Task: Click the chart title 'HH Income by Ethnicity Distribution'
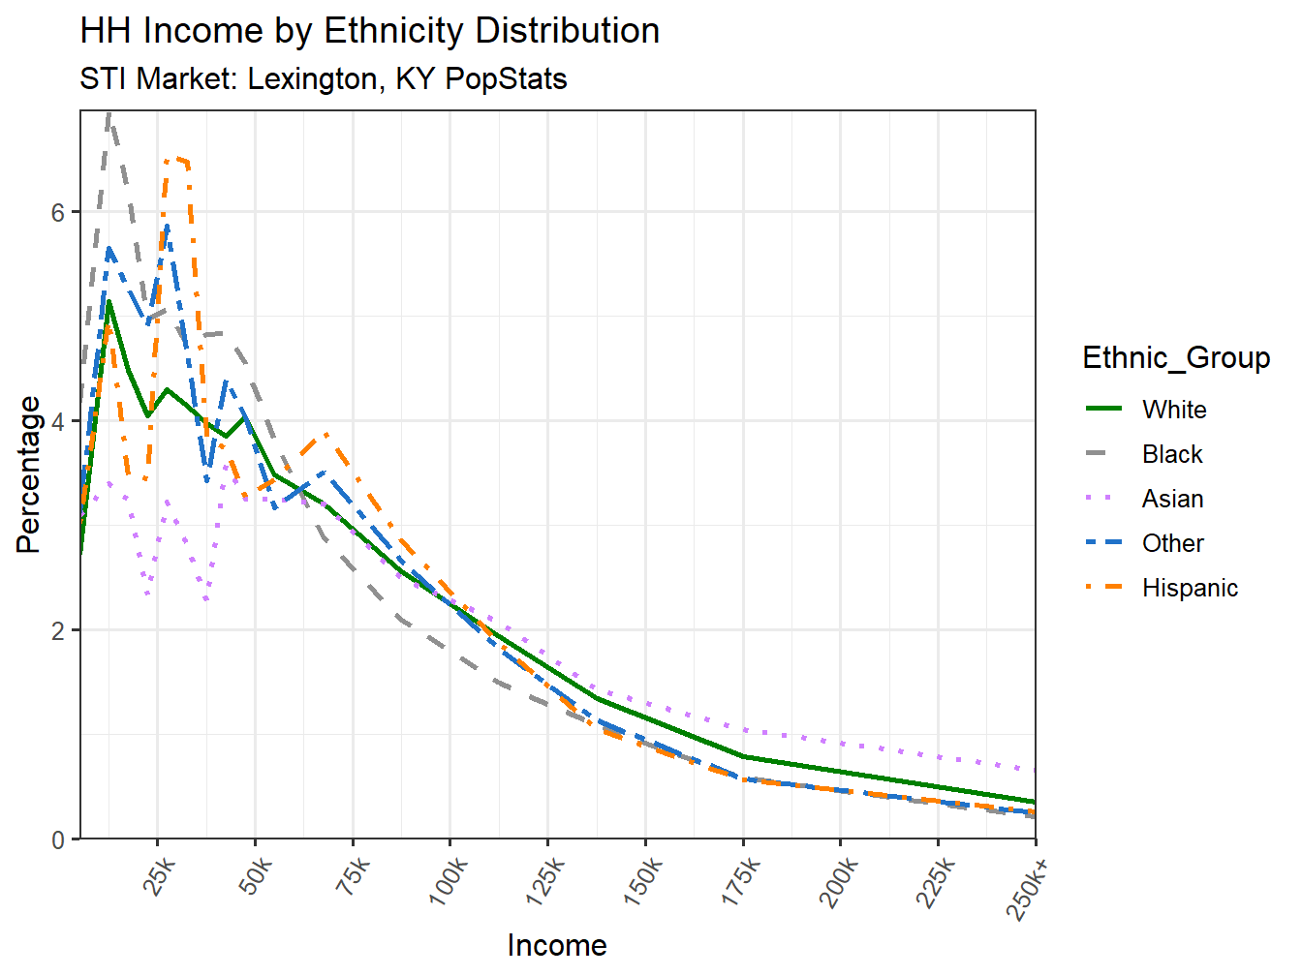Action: point(369,31)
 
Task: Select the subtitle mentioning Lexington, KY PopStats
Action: point(323,78)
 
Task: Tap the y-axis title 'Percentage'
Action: point(29,474)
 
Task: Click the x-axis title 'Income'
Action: point(557,945)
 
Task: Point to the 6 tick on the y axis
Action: point(58,212)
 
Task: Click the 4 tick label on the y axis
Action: point(58,421)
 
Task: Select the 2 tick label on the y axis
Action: point(58,630)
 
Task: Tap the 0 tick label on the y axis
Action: point(58,839)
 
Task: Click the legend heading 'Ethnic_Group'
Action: point(1176,357)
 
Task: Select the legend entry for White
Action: point(1174,410)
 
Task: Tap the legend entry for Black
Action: point(1172,454)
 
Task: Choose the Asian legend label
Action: point(1172,499)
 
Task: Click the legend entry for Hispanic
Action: point(1190,588)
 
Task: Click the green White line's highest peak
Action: point(108,301)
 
